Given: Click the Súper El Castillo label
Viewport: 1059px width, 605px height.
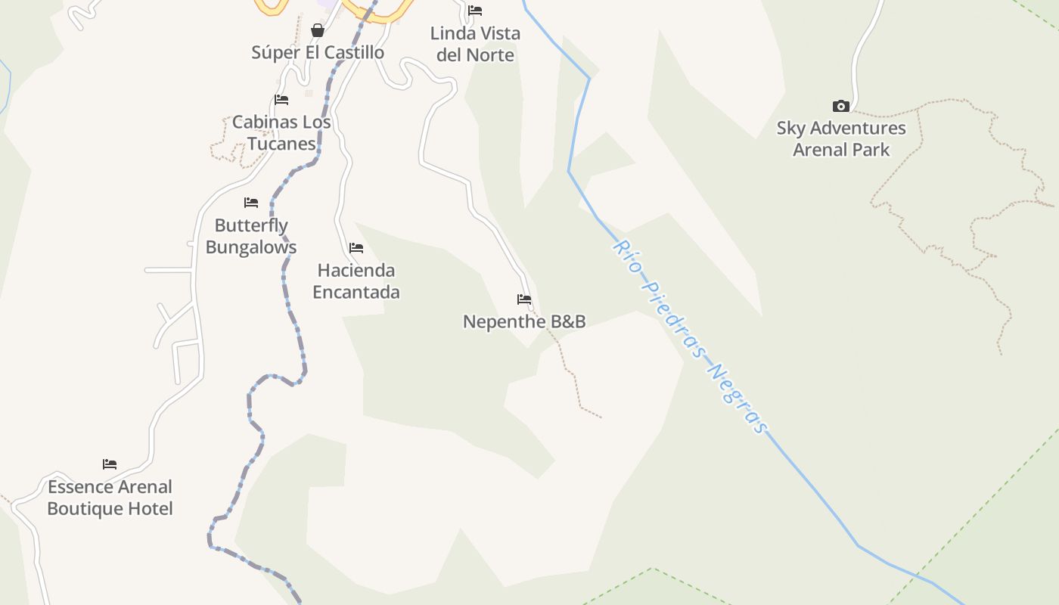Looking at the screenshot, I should (x=318, y=52).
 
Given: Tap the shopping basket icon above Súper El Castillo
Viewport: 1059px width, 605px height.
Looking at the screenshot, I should (x=318, y=30).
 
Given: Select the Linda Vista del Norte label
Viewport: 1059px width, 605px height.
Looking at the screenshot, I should (x=475, y=44).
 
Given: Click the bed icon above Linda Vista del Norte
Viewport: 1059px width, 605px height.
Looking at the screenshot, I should (x=475, y=11).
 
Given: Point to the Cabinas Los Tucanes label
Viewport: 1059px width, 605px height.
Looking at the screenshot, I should (x=281, y=132).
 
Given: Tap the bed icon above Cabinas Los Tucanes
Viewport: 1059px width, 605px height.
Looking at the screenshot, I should (x=281, y=100).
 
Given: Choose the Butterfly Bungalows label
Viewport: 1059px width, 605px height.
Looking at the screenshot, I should (x=251, y=236).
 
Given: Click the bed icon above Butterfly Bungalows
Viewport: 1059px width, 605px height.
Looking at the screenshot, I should (x=251, y=203).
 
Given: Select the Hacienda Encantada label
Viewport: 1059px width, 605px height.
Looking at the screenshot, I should (x=356, y=281).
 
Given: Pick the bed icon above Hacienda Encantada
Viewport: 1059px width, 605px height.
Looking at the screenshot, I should (x=356, y=248).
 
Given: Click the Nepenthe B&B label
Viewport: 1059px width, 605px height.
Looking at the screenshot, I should (x=524, y=321).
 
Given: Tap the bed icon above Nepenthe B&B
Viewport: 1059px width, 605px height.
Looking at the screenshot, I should (x=524, y=299).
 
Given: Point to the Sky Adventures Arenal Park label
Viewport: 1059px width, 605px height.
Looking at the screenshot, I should (x=841, y=138).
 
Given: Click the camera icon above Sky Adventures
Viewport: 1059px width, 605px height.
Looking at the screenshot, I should (x=841, y=106).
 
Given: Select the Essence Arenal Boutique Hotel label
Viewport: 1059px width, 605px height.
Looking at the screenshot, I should (x=110, y=497).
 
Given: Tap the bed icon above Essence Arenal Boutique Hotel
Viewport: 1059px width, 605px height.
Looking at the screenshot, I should (x=110, y=464).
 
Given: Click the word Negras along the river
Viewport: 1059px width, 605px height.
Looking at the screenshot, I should (x=738, y=399).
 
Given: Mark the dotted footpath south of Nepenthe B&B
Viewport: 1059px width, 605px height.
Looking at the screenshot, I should (x=571, y=374).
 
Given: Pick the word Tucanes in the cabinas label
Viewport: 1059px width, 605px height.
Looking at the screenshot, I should (x=281, y=144).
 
